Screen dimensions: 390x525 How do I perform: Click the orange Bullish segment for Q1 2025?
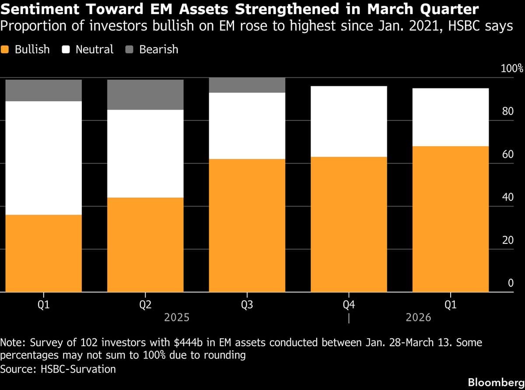coord(43,253)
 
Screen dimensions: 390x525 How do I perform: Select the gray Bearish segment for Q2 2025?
coord(145,95)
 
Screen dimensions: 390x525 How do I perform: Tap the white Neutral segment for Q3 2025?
coord(247,126)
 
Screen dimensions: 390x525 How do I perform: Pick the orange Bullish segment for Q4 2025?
coord(349,224)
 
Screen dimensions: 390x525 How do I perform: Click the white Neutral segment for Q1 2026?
coord(451,117)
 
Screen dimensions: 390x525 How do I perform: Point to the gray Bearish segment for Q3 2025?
coord(247,85)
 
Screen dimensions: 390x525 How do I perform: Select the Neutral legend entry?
coord(89,49)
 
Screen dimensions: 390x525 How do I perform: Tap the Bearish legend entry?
coord(153,49)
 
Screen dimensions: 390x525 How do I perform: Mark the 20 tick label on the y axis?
coord(507,240)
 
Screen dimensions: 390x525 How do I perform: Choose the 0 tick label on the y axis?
coord(510,283)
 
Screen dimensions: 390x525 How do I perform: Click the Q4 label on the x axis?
coord(349,305)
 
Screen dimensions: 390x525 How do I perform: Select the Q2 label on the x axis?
coord(145,305)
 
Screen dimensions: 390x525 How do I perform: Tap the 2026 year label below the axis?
coord(418,317)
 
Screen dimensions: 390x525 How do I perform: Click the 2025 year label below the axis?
coord(177,317)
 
